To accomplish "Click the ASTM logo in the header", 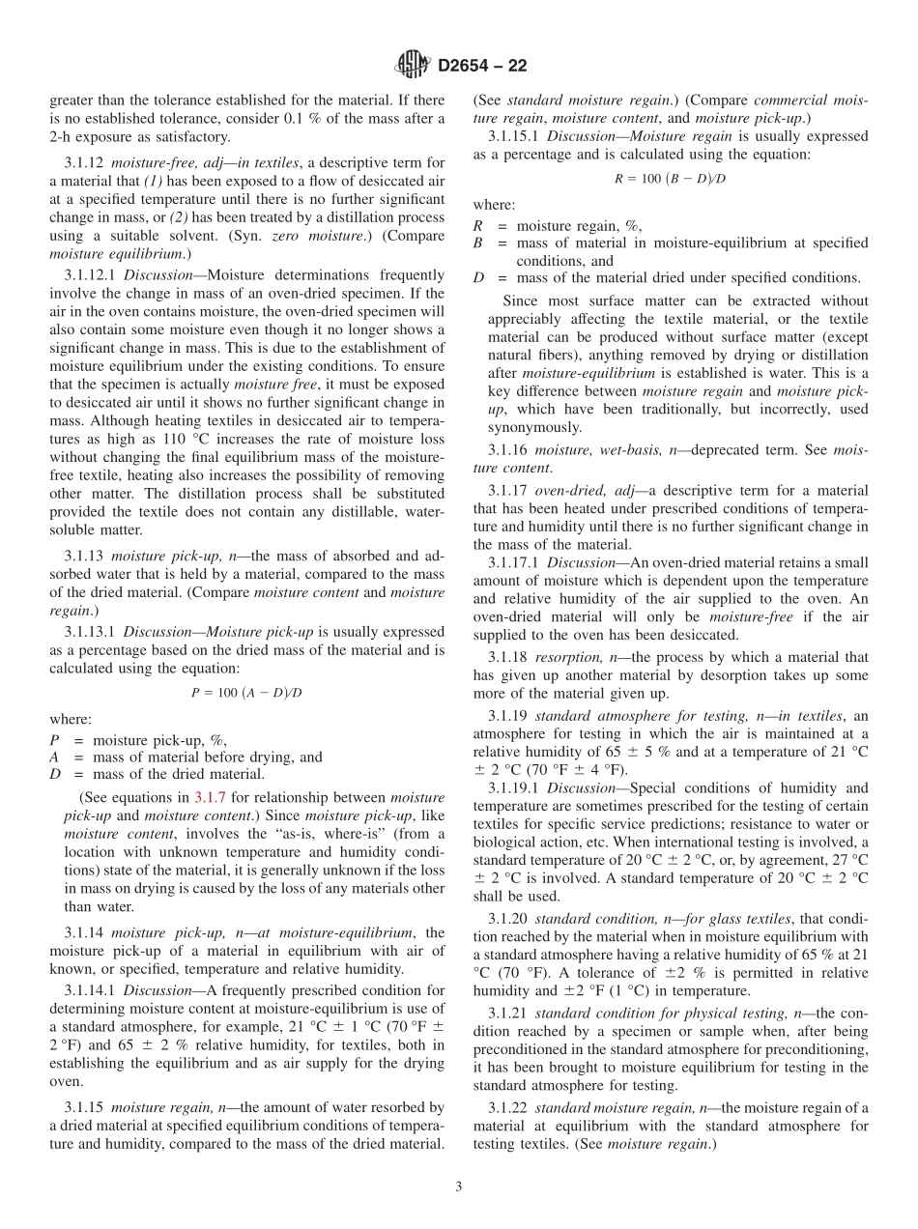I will (413, 66).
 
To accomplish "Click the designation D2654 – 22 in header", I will (482, 67).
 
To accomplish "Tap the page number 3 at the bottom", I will (459, 1186).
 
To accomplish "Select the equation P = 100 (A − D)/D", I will (247, 692).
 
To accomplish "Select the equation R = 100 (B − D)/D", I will (671, 178).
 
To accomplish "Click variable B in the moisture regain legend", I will (477, 243).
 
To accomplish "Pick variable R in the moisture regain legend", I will (477, 226).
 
